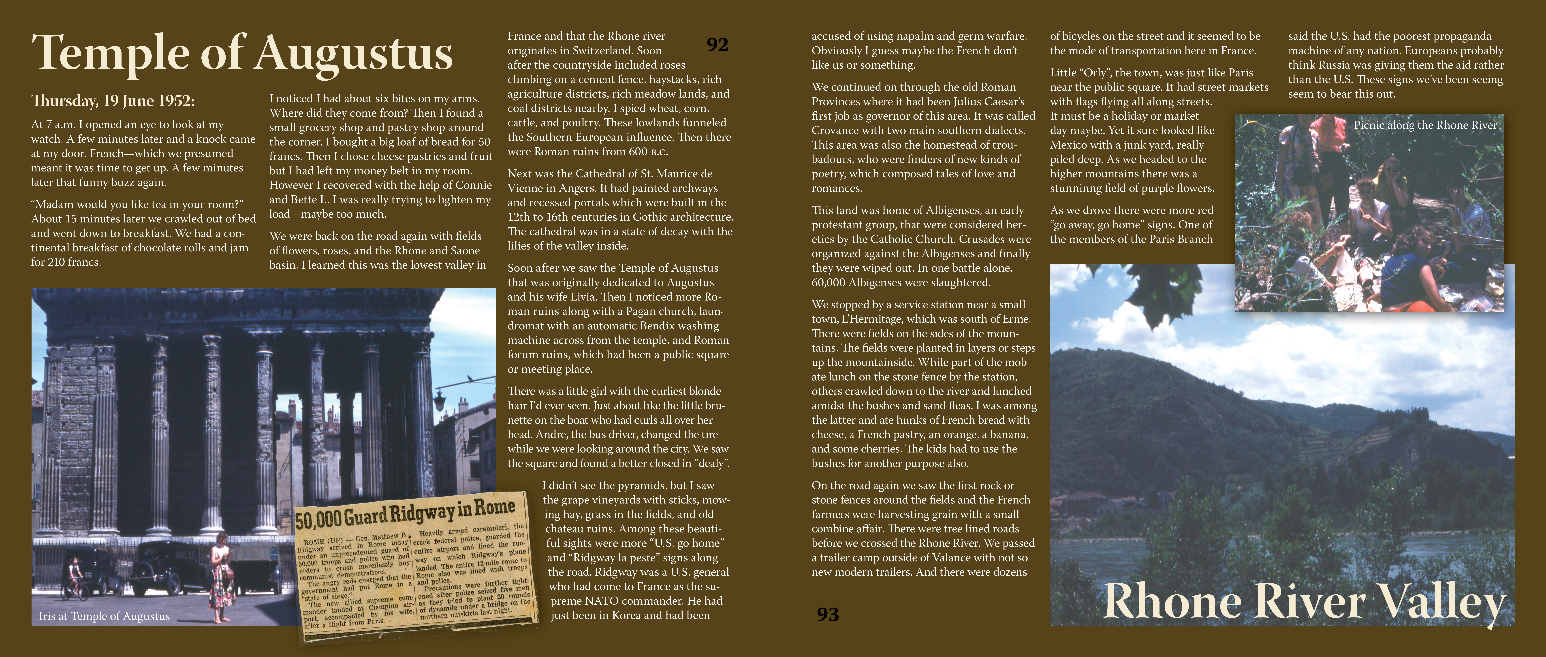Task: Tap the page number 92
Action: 717,44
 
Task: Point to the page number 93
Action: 828,614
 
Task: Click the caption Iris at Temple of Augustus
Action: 104,616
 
